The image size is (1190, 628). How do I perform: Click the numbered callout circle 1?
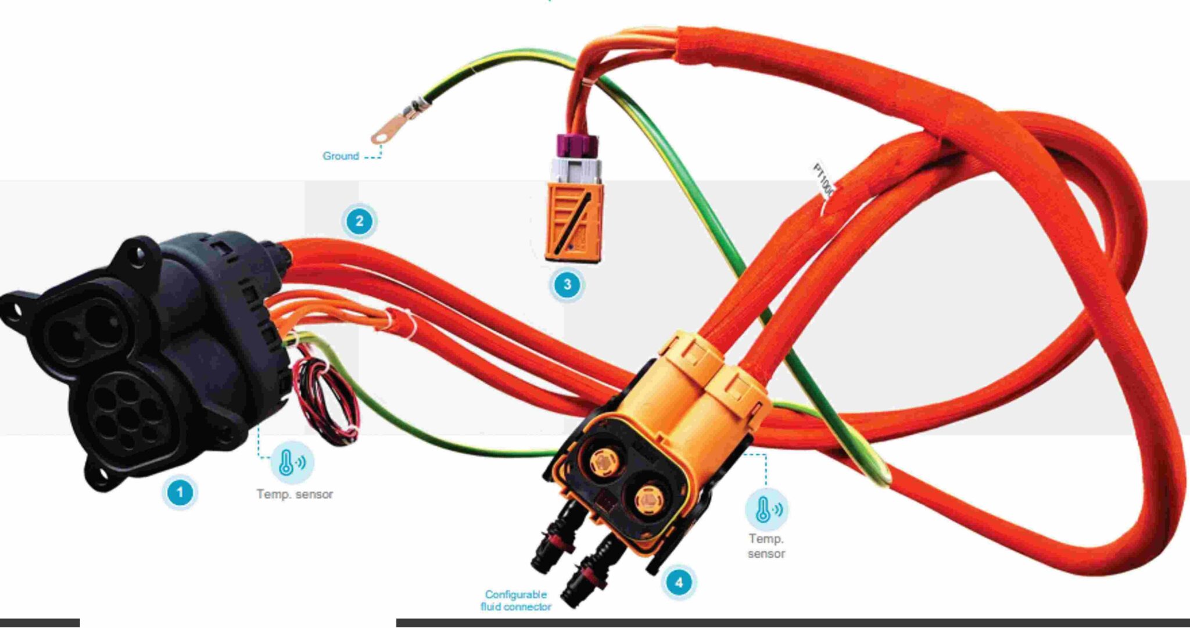pyautogui.click(x=180, y=492)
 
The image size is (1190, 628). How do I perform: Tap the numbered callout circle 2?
pyautogui.click(x=359, y=221)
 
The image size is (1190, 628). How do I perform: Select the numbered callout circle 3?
pyautogui.click(x=567, y=285)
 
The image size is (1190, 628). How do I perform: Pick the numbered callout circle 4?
pyautogui.click(x=679, y=582)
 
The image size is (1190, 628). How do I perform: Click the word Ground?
pyautogui.click(x=340, y=156)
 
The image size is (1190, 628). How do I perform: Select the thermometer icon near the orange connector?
pyautogui.click(x=766, y=509)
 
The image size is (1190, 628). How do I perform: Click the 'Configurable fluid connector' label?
pyautogui.click(x=516, y=601)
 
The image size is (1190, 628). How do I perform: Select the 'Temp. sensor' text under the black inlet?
pyautogui.click(x=295, y=494)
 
